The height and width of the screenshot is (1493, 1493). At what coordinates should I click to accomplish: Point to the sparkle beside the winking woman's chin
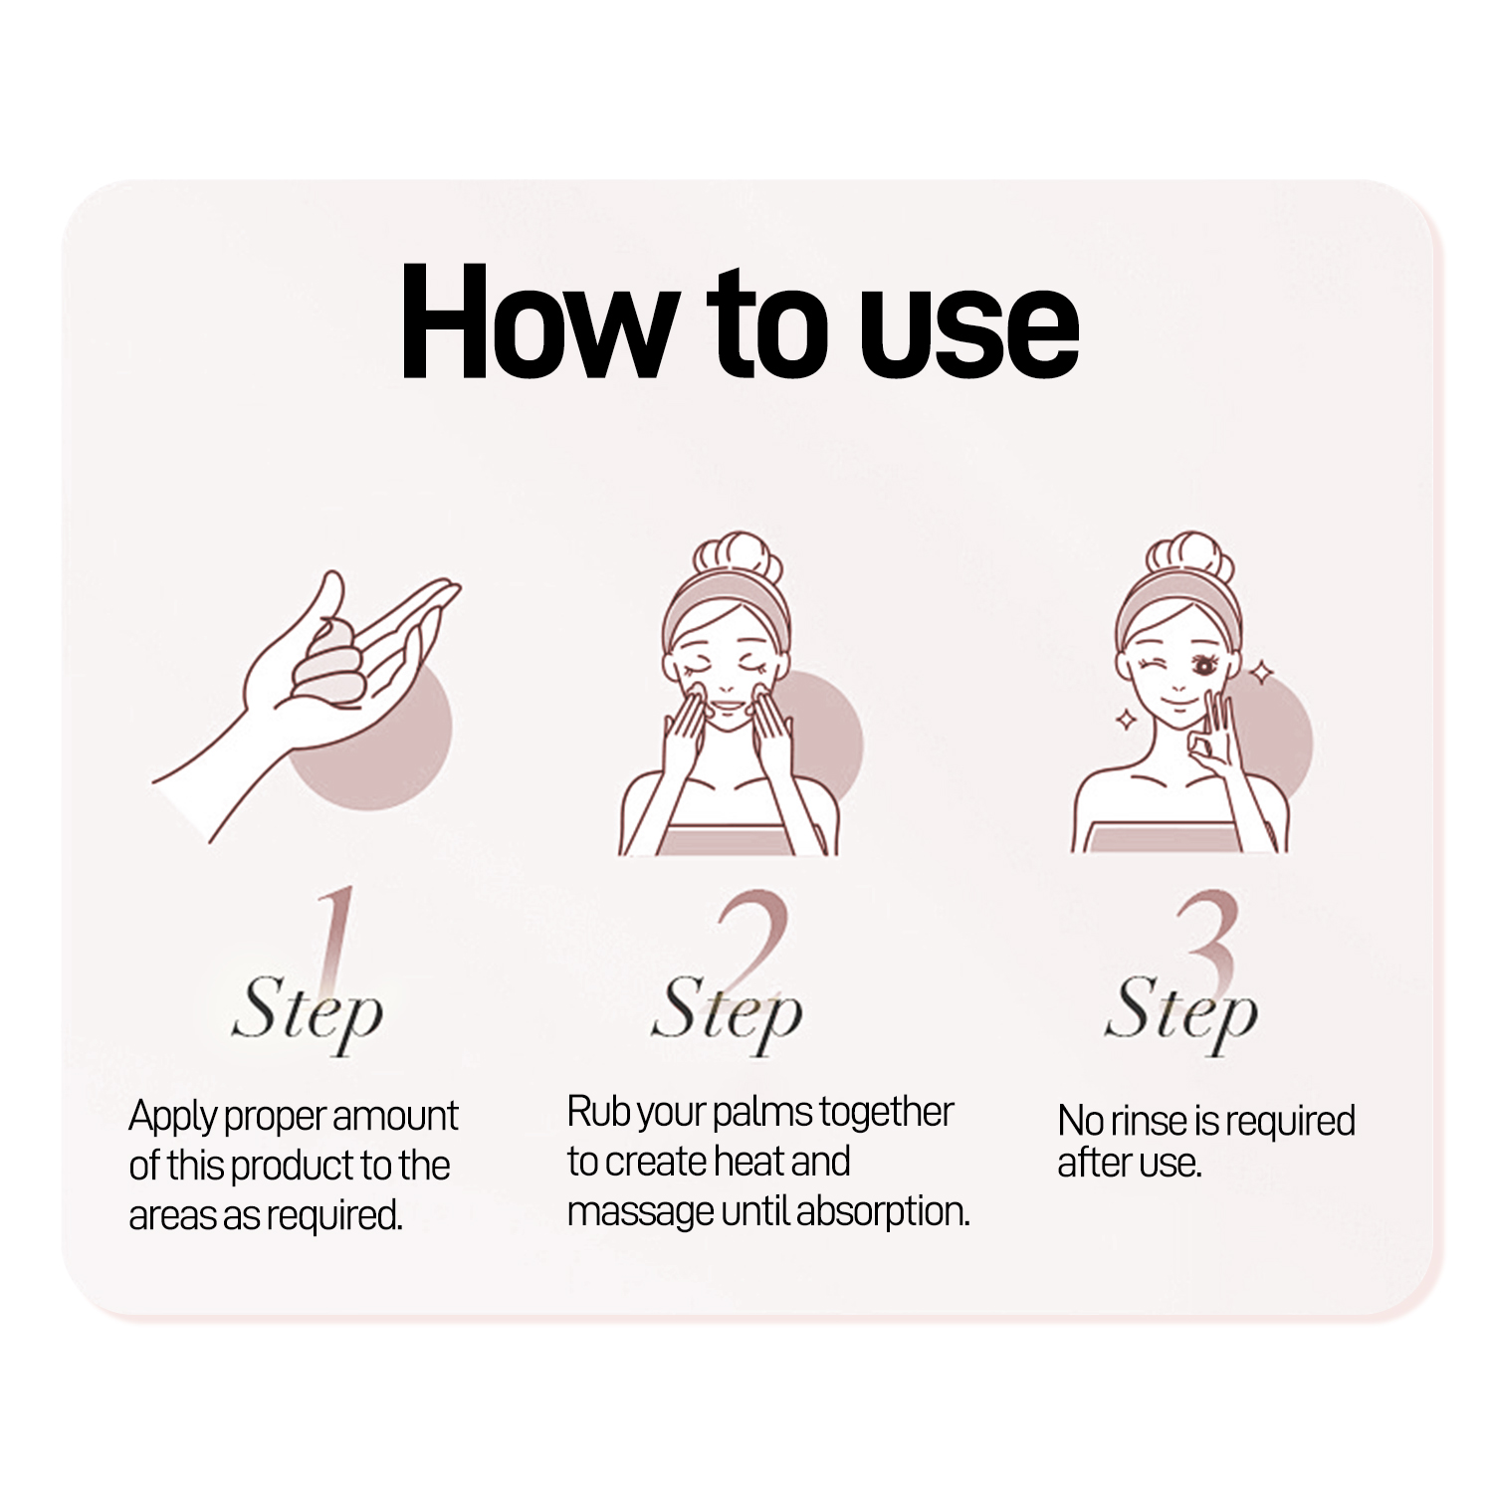[x=1126, y=719]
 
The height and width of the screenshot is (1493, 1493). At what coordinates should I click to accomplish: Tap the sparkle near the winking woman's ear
[x=1262, y=673]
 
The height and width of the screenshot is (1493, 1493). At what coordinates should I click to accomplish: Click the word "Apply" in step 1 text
[x=172, y=1118]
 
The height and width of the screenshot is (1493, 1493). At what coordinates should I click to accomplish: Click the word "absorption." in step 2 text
[x=883, y=1213]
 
